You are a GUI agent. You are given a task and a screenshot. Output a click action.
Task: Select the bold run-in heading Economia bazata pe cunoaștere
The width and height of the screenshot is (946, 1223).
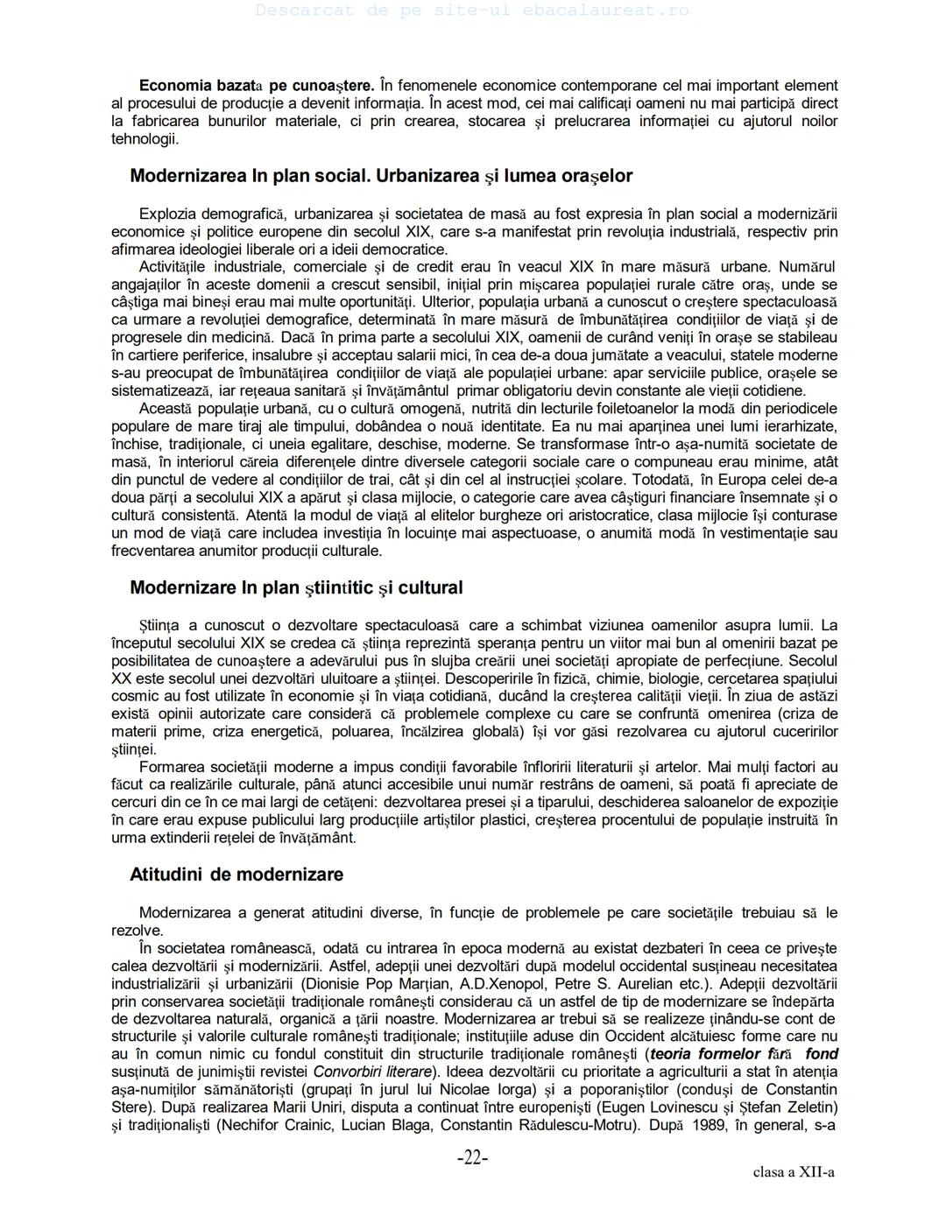pyautogui.click(x=257, y=86)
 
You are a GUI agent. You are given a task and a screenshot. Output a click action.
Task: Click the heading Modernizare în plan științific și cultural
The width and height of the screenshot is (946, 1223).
pyautogui.click(x=296, y=587)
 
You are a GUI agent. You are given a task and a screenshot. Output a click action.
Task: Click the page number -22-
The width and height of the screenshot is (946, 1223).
pyautogui.click(x=472, y=1158)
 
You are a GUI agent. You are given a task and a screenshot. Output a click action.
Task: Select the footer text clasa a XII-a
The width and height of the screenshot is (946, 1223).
pyautogui.click(x=793, y=1172)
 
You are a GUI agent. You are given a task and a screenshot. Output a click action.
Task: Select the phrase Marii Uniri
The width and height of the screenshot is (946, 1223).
pyautogui.click(x=242, y=1107)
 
